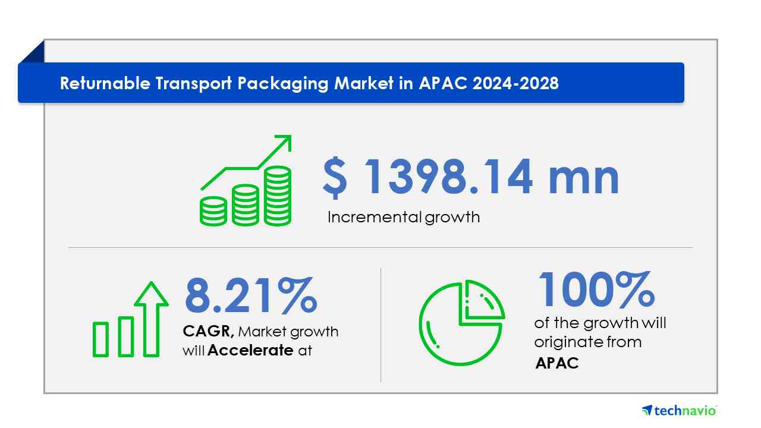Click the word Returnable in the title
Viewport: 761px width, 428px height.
click(x=105, y=83)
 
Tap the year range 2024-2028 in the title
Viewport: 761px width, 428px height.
click(x=515, y=83)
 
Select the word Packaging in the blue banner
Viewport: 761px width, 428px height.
click(x=282, y=84)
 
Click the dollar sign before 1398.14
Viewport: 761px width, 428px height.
click(x=335, y=177)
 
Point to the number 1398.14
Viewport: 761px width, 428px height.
click(x=448, y=177)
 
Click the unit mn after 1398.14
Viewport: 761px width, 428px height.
click(x=584, y=180)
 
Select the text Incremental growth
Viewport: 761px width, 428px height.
click(x=404, y=218)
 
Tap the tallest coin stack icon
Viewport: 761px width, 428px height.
click(x=278, y=196)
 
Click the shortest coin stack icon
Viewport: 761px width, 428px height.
click(x=213, y=211)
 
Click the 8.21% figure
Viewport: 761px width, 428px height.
click(x=251, y=295)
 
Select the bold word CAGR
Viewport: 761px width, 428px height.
click(x=208, y=331)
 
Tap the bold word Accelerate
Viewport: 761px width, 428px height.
click(x=250, y=350)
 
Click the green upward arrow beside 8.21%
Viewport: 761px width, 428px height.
click(x=151, y=319)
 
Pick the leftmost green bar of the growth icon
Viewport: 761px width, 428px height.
click(x=100, y=339)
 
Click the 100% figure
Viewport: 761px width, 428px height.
click(x=596, y=289)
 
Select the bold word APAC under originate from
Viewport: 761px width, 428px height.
click(x=557, y=363)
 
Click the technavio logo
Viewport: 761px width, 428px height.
click(x=680, y=411)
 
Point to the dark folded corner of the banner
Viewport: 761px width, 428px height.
click(x=34, y=53)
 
